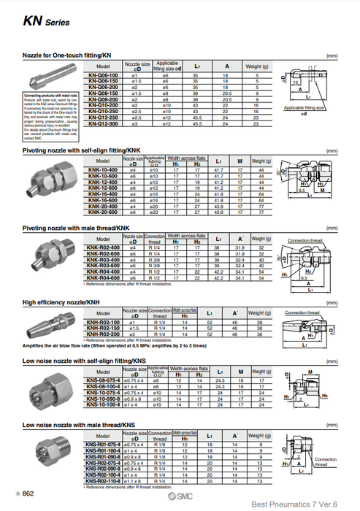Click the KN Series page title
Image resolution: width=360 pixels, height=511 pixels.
coord(46,23)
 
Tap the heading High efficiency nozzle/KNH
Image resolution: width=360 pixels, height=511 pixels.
coord(61,301)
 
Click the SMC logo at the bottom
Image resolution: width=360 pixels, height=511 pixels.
coord(169,494)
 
